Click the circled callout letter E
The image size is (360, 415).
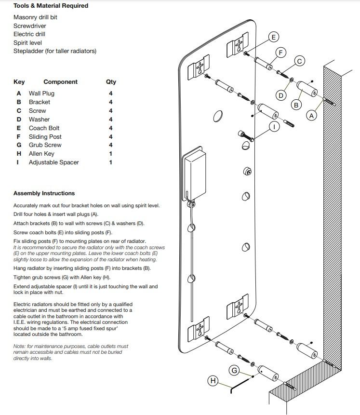pyautogui.click(x=273, y=37)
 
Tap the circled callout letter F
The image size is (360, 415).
pyautogui.click(x=281, y=52)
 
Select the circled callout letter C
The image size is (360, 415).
pyautogui.click(x=299, y=61)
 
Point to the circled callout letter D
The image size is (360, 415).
pyautogui.click(x=280, y=95)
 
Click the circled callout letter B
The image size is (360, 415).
pyautogui.click(x=296, y=105)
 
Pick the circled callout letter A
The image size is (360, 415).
pyautogui.click(x=311, y=116)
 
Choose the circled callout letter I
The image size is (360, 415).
pyautogui.click(x=274, y=126)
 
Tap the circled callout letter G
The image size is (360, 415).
pyautogui.click(x=235, y=370)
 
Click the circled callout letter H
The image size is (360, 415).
pyautogui.click(x=213, y=381)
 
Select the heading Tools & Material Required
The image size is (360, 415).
pyautogui.click(x=51, y=6)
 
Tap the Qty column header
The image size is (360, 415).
pyautogui.click(x=111, y=82)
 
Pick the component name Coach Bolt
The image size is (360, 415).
pyautogui.click(x=44, y=128)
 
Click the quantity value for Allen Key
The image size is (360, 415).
pyautogui.click(x=111, y=154)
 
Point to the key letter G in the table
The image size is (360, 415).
pyautogui.click(x=19, y=145)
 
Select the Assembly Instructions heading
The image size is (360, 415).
pyautogui.click(x=44, y=193)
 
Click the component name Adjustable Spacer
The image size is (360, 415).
pyautogui.click(x=53, y=162)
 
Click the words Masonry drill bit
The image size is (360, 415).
pyautogui.click(x=36, y=17)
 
